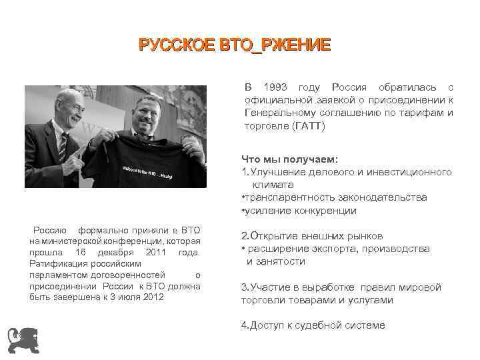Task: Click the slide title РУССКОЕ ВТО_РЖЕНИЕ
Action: pos(234,45)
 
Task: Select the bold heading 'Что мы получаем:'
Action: pos(289,159)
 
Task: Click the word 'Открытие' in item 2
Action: pos(274,236)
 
